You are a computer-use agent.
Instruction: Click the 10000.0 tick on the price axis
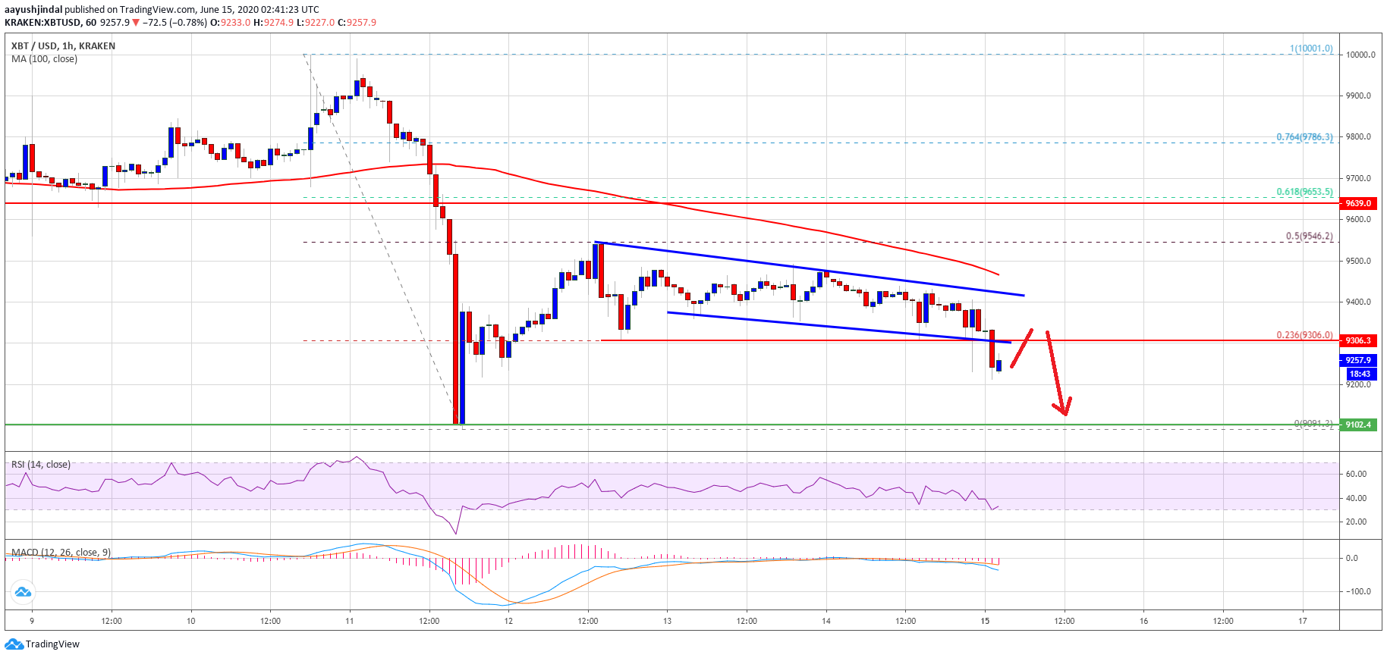point(1360,55)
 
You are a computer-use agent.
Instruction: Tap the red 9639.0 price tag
point(1358,203)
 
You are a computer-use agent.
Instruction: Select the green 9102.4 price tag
point(1358,425)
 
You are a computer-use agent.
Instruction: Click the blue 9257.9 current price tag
point(1358,360)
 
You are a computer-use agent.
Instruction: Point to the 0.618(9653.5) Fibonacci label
point(1304,192)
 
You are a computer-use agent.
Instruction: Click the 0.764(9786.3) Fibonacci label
point(1304,137)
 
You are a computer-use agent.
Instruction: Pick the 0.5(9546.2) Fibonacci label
point(1309,236)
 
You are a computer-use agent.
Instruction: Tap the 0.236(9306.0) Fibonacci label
point(1304,335)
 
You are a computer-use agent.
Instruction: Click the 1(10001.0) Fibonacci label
point(1311,49)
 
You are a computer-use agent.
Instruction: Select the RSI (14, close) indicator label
point(41,465)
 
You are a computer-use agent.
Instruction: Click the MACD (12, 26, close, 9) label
point(61,553)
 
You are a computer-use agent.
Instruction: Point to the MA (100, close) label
point(44,59)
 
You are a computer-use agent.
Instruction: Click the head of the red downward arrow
point(1065,413)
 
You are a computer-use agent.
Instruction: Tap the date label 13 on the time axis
point(667,621)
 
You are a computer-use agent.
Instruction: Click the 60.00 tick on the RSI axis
point(1356,474)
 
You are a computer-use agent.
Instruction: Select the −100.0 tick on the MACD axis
point(1356,591)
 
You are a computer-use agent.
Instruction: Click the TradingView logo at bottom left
point(42,644)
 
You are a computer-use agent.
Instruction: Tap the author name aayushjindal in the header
point(33,10)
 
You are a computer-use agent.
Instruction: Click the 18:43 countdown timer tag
point(1360,374)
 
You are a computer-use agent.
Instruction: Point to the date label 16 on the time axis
point(1143,621)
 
